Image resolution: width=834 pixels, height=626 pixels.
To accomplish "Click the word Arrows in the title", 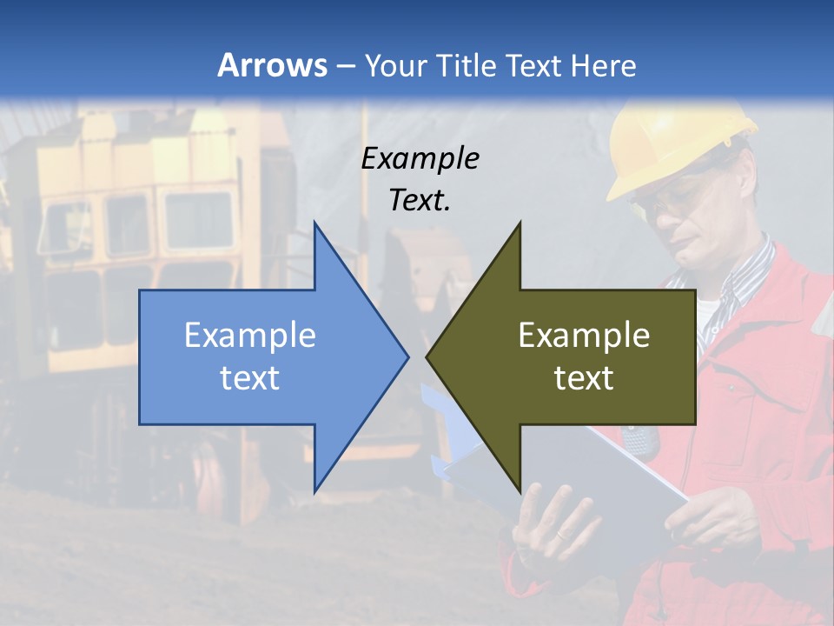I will click(272, 65).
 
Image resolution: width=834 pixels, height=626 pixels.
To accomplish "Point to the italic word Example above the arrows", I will click(420, 159).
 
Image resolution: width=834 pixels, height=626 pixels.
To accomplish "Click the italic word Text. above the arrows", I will click(420, 200).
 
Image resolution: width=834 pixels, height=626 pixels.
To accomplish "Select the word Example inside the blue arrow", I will click(249, 336).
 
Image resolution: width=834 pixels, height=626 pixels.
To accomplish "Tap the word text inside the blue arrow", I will click(249, 378).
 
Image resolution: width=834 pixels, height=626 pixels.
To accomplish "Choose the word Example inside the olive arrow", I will click(584, 336).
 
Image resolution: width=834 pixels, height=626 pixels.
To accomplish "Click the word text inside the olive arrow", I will click(584, 378).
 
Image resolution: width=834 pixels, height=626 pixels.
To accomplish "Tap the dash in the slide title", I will click(345, 66).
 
